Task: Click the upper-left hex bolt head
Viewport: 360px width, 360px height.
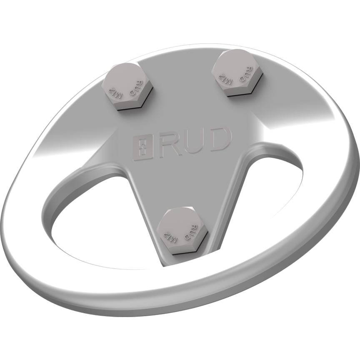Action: [x=127, y=87]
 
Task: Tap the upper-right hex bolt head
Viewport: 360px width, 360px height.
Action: [x=237, y=73]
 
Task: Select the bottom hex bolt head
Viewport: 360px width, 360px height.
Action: [x=183, y=231]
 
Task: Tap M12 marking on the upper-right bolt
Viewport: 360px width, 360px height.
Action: [x=225, y=77]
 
